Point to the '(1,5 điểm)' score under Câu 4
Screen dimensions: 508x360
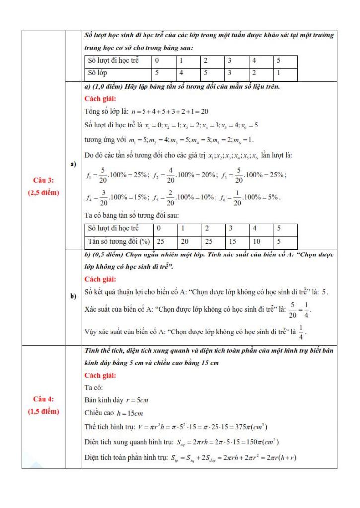pyautogui.click(x=43, y=411)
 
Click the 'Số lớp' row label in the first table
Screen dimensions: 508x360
pyautogui.click(x=98, y=73)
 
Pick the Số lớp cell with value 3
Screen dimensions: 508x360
pyautogui.click(x=231, y=73)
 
